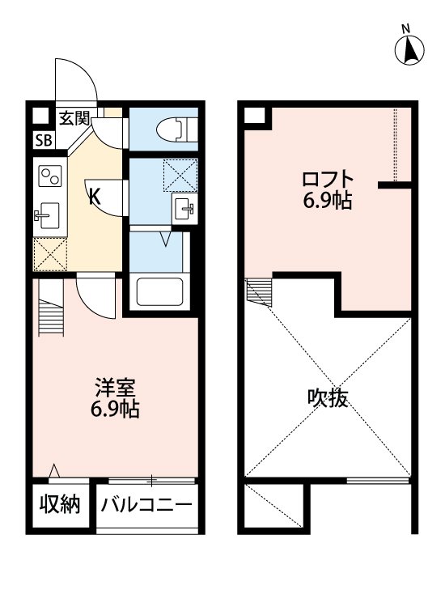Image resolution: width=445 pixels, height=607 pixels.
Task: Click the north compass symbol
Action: pyautogui.click(x=410, y=48)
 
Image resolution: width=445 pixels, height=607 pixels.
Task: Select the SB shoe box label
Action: pyautogui.click(x=40, y=139)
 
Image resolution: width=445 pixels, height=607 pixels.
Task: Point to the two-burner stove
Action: pyautogui.click(x=50, y=176)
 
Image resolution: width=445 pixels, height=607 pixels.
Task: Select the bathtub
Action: pyautogui.click(x=159, y=291)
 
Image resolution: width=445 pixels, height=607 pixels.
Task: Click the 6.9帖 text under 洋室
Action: pyautogui.click(x=113, y=410)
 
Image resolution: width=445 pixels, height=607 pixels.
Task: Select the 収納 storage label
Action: pyautogui.click(x=60, y=505)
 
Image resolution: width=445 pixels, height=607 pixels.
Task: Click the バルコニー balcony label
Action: pyautogui.click(x=146, y=506)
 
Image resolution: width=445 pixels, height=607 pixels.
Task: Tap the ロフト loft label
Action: pyautogui.click(x=328, y=179)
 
